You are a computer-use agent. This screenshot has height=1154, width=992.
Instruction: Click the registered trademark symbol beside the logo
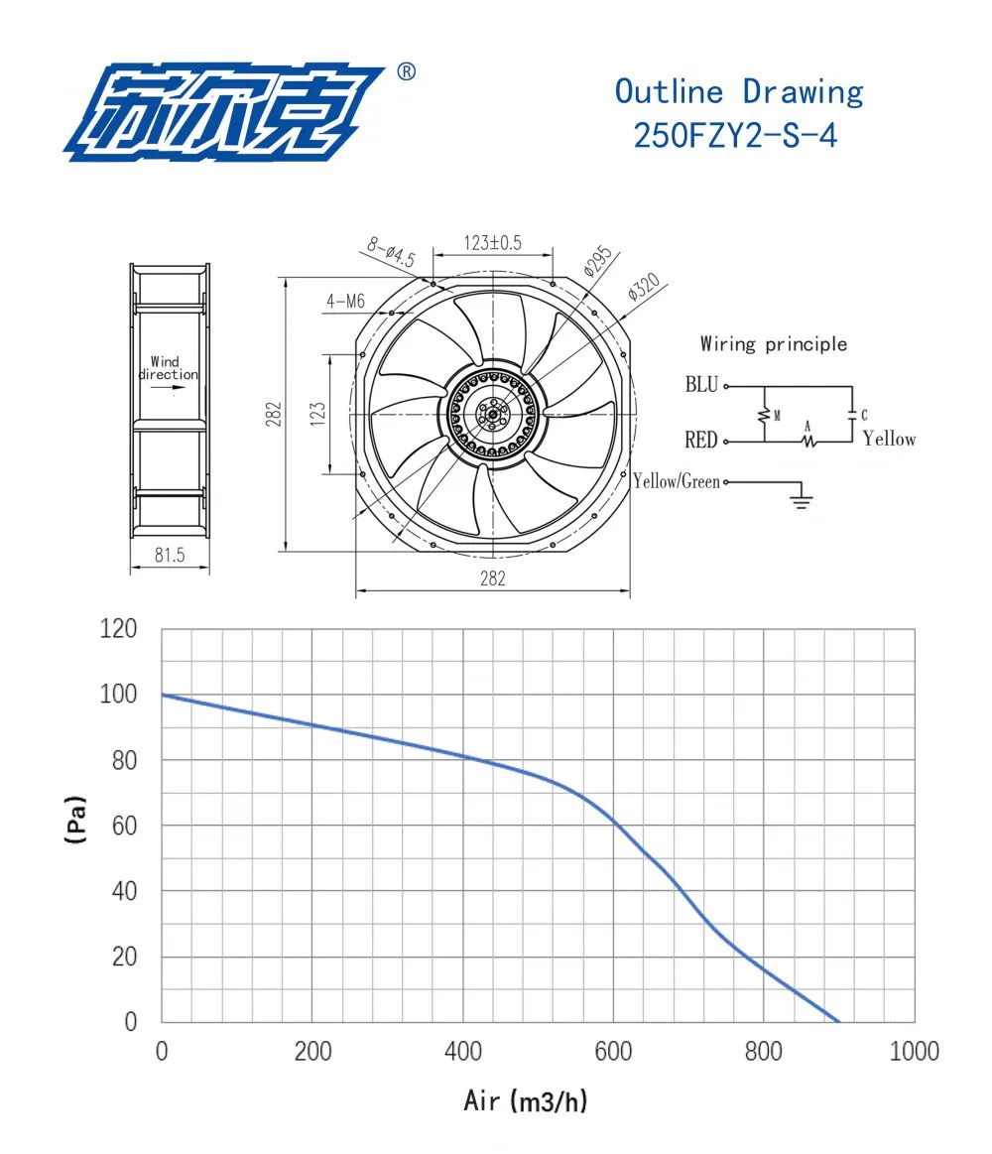coord(406,71)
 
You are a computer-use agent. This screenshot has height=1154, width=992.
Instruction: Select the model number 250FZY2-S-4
coord(735,136)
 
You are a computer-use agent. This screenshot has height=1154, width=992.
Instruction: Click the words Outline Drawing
coord(739,92)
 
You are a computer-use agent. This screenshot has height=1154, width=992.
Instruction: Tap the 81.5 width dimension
coord(170,555)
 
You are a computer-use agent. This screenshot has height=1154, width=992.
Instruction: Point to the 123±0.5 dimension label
coord(492,243)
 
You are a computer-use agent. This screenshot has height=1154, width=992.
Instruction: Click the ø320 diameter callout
coord(644,287)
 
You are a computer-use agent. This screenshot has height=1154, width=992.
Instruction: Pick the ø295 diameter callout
coord(597,261)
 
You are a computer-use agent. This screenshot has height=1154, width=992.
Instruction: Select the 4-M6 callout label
coord(346,301)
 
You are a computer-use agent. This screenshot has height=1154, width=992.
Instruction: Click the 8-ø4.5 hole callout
coord(392,252)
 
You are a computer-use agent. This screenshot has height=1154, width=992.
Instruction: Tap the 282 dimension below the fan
coord(492,578)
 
